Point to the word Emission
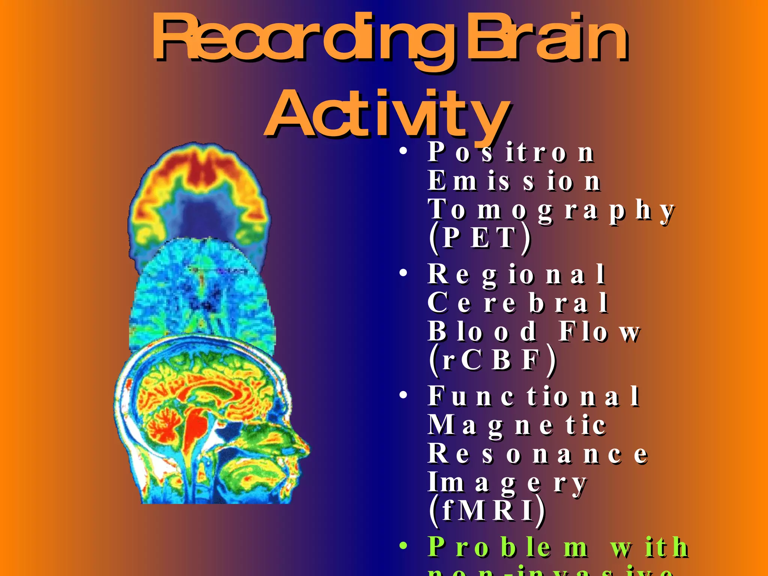[514, 181]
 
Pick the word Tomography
[551, 210]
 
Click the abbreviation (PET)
[480, 238]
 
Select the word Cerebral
[517, 303]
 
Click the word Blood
[482, 331]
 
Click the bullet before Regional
[403, 273]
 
